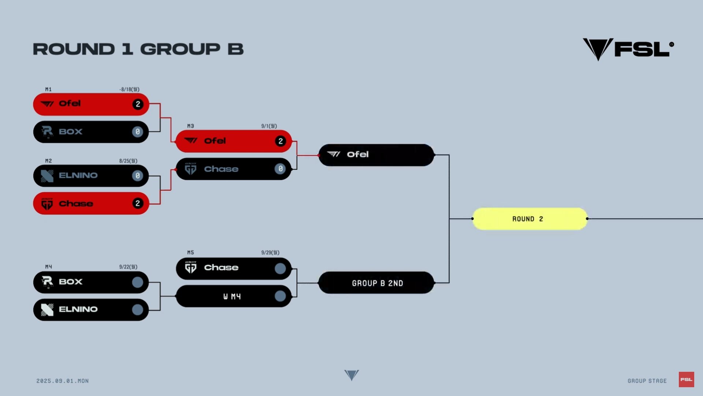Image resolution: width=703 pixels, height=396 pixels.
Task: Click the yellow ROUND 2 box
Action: tap(530, 219)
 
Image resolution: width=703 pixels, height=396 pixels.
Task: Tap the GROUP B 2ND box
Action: tap(376, 283)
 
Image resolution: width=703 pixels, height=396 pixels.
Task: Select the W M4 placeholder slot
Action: tap(234, 296)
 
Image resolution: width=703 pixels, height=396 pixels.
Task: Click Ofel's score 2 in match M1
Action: tap(138, 104)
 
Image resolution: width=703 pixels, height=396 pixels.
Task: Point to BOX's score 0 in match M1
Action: tap(138, 132)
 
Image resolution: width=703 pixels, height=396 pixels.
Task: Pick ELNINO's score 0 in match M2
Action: tap(138, 176)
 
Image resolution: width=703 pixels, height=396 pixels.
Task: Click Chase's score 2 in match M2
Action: tap(138, 203)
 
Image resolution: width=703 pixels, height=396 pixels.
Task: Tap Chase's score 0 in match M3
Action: tap(280, 169)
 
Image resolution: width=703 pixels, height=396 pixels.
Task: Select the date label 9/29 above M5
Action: tap(270, 253)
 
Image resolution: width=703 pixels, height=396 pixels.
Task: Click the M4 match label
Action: tap(48, 267)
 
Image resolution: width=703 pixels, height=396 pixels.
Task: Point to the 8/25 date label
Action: tap(128, 161)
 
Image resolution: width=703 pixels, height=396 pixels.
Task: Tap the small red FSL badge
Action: tap(687, 379)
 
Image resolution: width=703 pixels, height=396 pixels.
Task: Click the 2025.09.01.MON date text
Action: tap(63, 381)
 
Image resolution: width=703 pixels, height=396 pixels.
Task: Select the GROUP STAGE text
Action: tap(647, 381)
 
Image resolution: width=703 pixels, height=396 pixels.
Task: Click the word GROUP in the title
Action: tap(181, 49)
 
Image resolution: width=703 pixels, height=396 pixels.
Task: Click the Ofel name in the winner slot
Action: tap(358, 154)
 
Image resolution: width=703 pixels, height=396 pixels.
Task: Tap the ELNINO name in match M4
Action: tap(78, 309)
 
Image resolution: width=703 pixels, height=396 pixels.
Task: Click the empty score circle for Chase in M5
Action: tap(280, 269)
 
